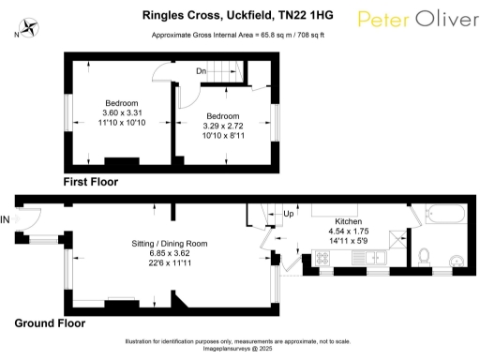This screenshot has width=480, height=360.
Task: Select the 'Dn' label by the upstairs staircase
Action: (x=202, y=71)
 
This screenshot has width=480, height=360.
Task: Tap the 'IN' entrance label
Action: (x=7, y=220)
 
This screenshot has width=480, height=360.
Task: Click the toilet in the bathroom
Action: (x=424, y=255)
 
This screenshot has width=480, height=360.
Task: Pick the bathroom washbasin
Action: (x=457, y=260)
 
